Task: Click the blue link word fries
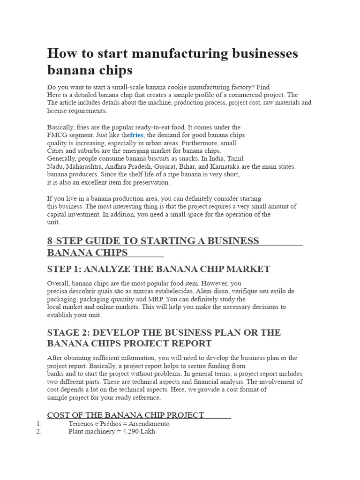136,135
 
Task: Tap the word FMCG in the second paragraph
55,135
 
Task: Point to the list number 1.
39,423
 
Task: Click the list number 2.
39,431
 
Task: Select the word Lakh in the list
148,431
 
